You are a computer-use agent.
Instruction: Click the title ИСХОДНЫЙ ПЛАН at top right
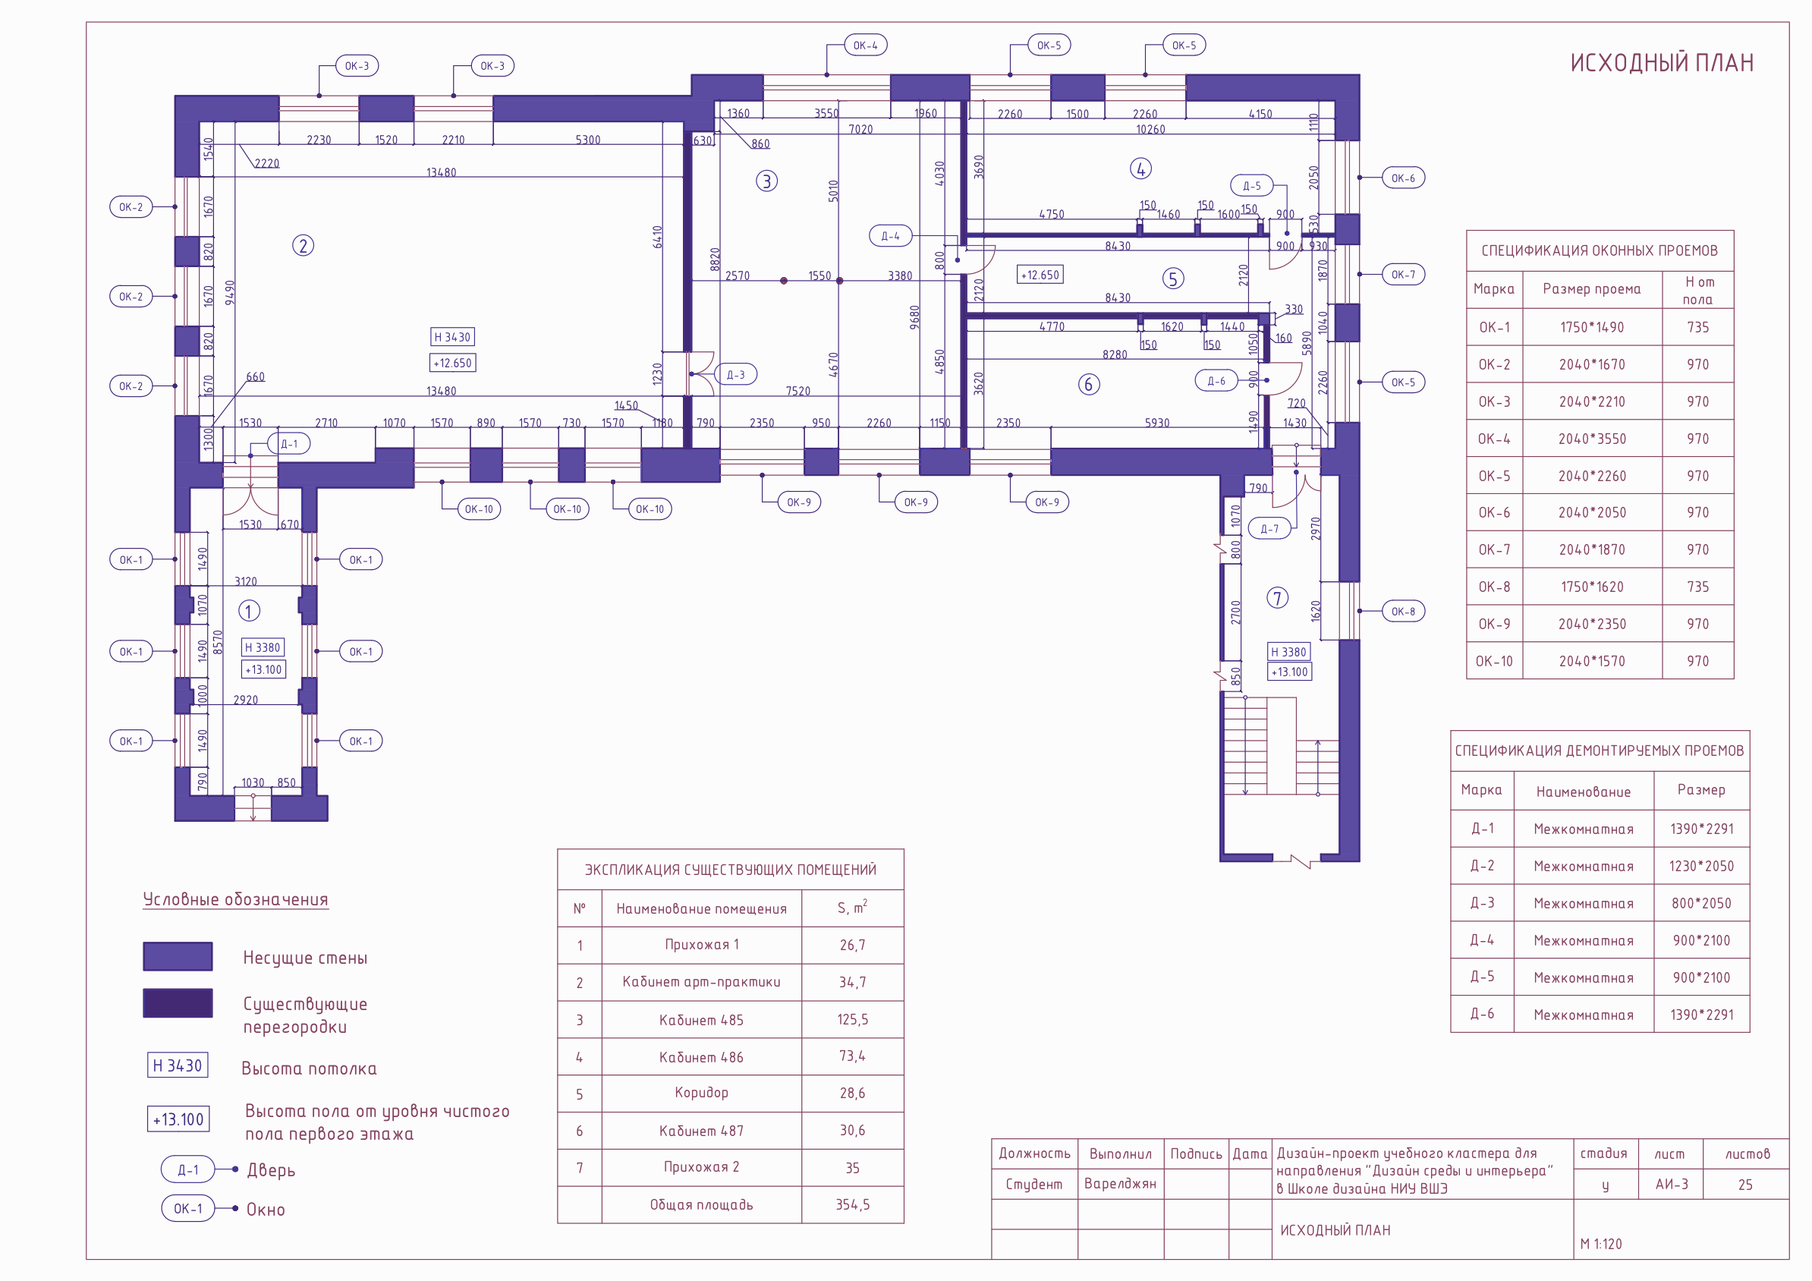[x=1661, y=63]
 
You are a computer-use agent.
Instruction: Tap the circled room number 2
[x=303, y=245]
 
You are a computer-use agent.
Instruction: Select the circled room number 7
[x=1277, y=598]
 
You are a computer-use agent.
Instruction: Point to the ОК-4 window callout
[x=865, y=45]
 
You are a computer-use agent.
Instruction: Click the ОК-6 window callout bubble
[x=1402, y=178]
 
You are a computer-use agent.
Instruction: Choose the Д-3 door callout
[x=735, y=375]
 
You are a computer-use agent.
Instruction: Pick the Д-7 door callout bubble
[x=1269, y=529]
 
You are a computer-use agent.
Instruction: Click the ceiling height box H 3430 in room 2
[x=452, y=337]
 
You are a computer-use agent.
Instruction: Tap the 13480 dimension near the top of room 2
[x=441, y=172]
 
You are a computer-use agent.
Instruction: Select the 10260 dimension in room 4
[x=1150, y=130]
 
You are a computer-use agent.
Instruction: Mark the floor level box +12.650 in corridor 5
[x=1040, y=275]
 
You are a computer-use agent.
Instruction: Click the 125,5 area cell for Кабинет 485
[x=852, y=1020]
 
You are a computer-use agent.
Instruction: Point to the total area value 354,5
[x=852, y=1204]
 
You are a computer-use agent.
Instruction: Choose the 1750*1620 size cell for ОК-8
[x=1592, y=587]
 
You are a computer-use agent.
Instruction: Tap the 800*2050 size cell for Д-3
[x=1700, y=903]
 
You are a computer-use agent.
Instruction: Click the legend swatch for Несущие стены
[x=178, y=957]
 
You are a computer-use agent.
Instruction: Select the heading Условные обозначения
[x=235, y=900]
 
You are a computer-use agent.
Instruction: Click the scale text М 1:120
[x=1601, y=1244]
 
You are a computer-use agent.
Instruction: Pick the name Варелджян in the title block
[x=1120, y=1184]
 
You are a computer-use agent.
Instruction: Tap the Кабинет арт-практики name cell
[x=701, y=982]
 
